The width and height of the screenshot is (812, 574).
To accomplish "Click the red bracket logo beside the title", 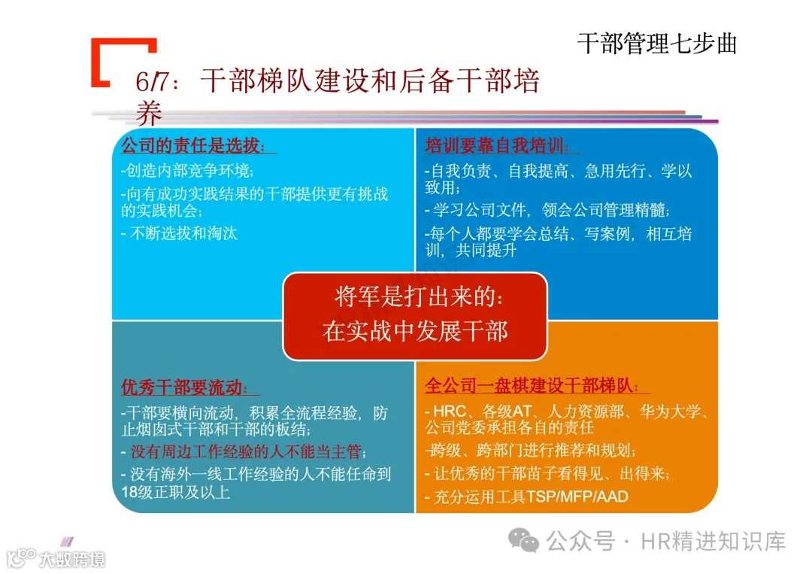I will coord(120,60).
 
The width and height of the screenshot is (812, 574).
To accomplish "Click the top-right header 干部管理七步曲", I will coord(656,44).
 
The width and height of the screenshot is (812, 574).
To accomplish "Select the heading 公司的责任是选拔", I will coord(193,145).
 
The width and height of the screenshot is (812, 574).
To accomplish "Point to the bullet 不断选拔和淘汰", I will coord(180,233).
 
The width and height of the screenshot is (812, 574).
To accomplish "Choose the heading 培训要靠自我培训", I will coord(497,145).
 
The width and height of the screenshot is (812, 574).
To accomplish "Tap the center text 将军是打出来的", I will coord(416,297).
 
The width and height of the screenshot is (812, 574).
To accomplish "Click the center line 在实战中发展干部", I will coord(416,331).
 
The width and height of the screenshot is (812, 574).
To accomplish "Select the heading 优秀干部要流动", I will coord(184,387).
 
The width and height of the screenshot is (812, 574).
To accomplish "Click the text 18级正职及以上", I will coord(175,494).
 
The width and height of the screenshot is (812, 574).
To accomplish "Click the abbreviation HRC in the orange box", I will coord(451,412).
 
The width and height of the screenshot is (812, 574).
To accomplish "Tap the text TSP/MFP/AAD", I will coord(577,497).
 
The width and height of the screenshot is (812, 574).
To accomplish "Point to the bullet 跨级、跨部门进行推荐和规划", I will coord(531,451).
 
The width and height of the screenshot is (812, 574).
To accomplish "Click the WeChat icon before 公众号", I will coord(524,540).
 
